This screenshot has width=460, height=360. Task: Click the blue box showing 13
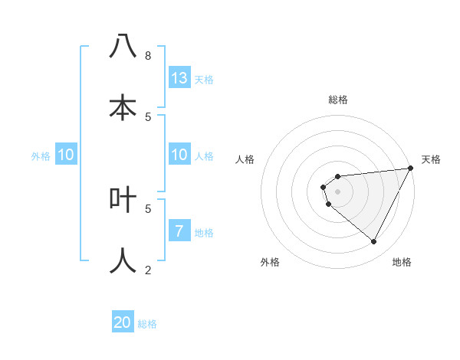click(x=179, y=78)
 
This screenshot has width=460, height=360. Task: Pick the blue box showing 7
click(x=179, y=231)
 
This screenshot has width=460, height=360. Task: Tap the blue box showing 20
click(x=123, y=322)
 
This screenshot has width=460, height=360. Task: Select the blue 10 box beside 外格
click(x=66, y=155)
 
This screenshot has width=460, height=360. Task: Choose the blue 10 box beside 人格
click(x=179, y=155)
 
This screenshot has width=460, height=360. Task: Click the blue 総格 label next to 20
click(x=147, y=324)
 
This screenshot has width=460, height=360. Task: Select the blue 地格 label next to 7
click(x=204, y=233)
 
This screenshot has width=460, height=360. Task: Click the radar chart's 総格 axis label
click(x=338, y=100)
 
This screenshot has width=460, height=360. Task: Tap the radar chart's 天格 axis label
click(x=431, y=159)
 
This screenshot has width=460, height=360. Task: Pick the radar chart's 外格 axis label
click(x=270, y=262)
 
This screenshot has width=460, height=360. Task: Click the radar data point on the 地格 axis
click(x=374, y=242)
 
